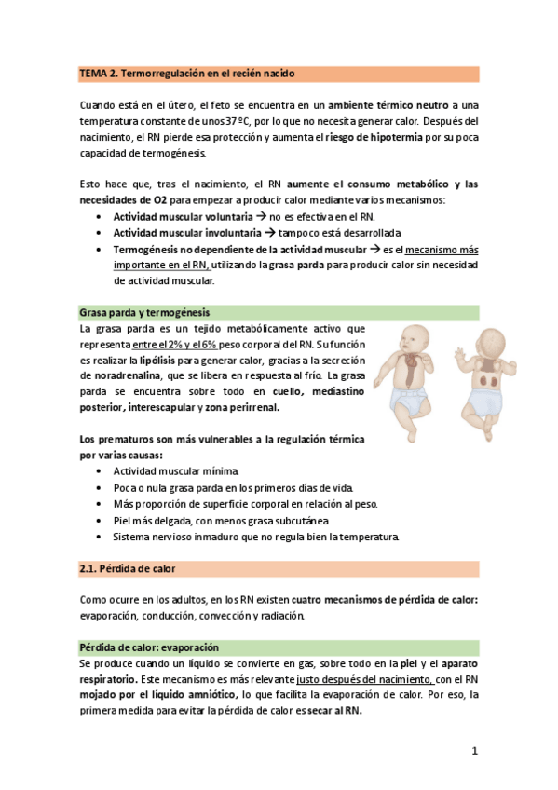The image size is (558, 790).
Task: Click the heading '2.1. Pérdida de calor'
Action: tap(127, 567)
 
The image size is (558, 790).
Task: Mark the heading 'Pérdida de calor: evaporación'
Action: tap(149, 646)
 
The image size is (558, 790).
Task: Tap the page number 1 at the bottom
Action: tap(474, 751)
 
